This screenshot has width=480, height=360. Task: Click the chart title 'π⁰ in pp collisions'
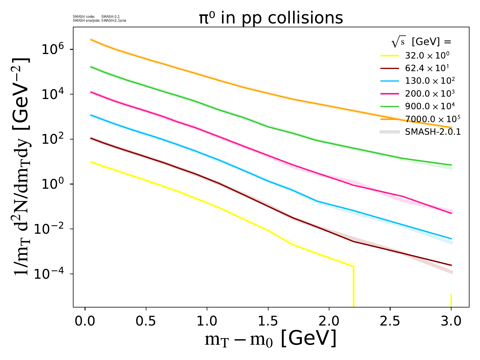(271, 18)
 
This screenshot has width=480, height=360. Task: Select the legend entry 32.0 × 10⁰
(427, 55)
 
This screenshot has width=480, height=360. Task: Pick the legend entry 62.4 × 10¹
(427, 68)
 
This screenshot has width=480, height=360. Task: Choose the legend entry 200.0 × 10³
(430, 93)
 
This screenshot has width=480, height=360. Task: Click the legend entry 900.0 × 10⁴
(430, 106)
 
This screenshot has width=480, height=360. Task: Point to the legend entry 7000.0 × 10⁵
(432, 119)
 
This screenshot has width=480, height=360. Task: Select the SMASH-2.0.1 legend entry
(433, 132)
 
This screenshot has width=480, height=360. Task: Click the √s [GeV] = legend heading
(421, 42)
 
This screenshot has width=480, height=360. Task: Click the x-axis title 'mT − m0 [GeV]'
(270, 339)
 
